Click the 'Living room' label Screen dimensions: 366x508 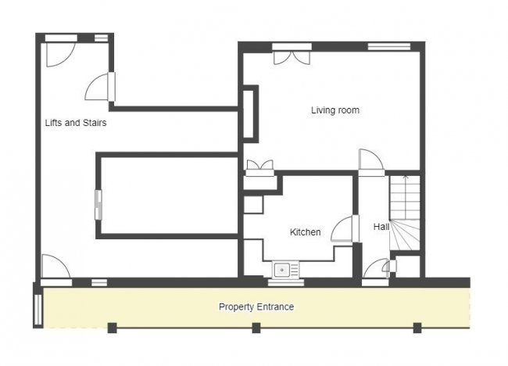click(335, 110)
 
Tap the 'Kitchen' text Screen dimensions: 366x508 click(306, 231)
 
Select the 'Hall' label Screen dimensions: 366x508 click(381, 227)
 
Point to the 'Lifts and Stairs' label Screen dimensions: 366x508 click(75, 123)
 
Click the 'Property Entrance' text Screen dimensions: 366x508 click(256, 307)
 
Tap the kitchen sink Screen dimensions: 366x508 click(285, 270)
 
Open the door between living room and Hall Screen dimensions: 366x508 click(370, 161)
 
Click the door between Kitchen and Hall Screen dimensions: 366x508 click(344, 228)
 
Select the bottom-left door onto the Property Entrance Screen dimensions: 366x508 click(55, 267)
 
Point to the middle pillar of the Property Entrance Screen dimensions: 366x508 click(256, 328)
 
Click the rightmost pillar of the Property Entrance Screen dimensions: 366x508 click(417, 328)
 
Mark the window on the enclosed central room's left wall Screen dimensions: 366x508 click(98, 204)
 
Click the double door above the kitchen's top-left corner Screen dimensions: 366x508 click(259, 167)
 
